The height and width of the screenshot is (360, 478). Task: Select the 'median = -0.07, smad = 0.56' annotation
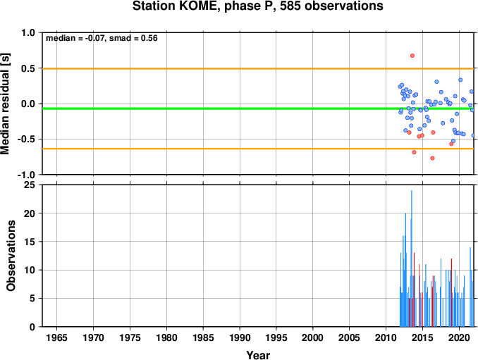pyautogui.click(x=102, y=38)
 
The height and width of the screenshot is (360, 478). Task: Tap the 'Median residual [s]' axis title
pyautogui.click(x=5, y=104)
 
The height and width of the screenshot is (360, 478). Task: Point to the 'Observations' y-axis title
pyautogui.click(x=11, y=256)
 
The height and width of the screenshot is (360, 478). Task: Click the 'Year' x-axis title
pyautogui.click(x=258, y=355)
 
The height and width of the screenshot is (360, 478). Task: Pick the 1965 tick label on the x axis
pyautogui.click(x=56, y=337)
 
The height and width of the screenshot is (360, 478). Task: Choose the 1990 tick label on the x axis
pyautogui.click(x=240, y=337)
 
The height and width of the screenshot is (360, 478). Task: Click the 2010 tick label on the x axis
pyautogui.click(x=386, y=337)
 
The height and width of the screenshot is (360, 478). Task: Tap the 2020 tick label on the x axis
pyautogui.click(x=459, y=337)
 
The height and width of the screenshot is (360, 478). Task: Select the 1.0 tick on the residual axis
pyautogui.click(x=28, y=32)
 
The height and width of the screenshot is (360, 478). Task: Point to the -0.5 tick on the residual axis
pyautogui.click(x=26, y=139)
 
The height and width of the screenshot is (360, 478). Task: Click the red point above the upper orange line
pyautogui.click(x=412, y=56)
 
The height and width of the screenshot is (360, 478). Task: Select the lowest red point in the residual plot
pyautogui.click(x=432, y=158)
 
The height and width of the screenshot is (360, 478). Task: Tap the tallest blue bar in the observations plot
pyautogui.click(x=412, y=259)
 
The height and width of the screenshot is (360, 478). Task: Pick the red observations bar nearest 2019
pyautogui.click(x=451, y=292)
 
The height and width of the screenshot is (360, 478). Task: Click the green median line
pyautogui.click(x=258, y=108)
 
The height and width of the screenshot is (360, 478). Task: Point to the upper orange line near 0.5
pyautogui.click(x=258, y=68)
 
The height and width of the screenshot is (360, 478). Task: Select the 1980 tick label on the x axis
pyautogui.click(x=166, y=337)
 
